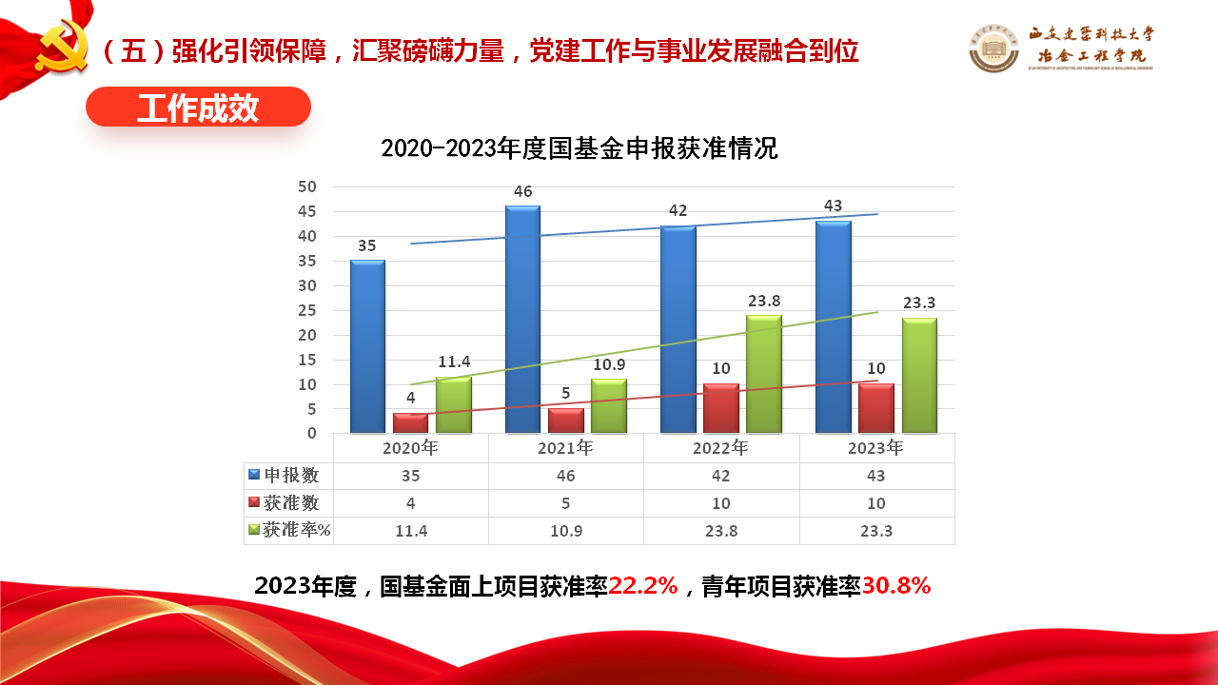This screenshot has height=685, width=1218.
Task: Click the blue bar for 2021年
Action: click(522, 320)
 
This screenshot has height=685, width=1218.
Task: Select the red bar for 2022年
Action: click(721, 408)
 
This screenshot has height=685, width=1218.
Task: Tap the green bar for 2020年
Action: click(454, 405)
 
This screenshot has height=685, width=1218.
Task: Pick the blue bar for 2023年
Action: click(834, 327)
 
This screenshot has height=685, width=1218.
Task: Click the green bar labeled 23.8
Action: click(764, 374)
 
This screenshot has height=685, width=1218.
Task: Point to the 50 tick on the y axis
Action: click(306, 186)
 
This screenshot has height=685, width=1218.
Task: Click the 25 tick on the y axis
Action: click(306, 310)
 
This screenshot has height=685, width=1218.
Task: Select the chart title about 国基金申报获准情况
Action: click(579, 148)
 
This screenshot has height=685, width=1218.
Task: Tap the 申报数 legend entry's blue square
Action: click(254, 475)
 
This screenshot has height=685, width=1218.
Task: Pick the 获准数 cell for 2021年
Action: click(566, 503)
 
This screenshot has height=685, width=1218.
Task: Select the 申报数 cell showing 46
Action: click(566, 476)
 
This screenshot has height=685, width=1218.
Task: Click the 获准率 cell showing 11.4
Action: click(411, 531)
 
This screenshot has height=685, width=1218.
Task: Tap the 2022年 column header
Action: click(721, 448)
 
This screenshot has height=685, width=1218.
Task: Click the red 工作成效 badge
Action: click(198, 108)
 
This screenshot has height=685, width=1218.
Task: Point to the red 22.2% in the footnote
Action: click(643, 586)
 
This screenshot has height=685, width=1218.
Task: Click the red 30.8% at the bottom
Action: click(896, 586)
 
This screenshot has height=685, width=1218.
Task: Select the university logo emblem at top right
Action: click(994, 48)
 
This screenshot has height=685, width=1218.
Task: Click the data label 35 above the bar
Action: click(366, 245)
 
